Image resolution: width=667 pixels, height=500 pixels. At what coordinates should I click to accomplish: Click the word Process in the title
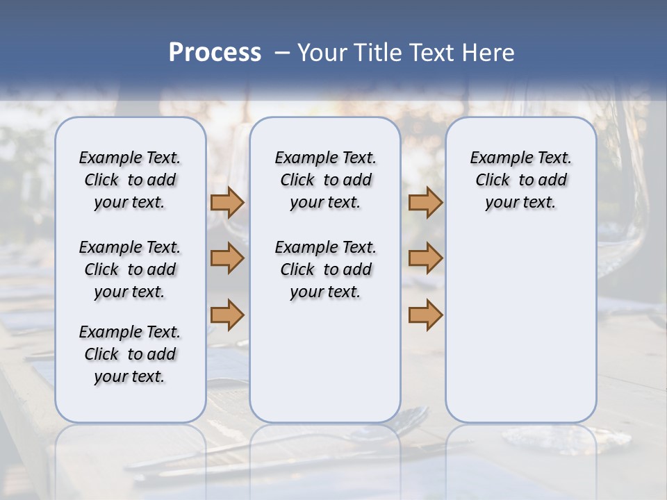[x=215, y=53]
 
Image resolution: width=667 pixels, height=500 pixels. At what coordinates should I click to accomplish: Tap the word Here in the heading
[x=489, y=53]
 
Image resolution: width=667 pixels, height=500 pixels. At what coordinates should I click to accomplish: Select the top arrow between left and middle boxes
[x=227, y=202]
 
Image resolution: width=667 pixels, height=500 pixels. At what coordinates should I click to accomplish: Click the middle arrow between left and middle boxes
[x=227, y=258]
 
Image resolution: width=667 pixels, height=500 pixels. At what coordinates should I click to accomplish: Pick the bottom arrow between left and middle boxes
[x=227, y=315]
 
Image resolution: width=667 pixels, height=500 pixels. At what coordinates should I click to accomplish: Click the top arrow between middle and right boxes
[x=425, y=202]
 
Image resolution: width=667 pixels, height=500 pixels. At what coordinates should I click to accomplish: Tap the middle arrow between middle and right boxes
[x=425, y=258]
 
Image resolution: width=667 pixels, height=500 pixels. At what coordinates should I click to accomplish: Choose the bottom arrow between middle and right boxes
[x=425, y=315]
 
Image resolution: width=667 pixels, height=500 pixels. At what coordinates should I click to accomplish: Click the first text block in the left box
[x=130, y=180]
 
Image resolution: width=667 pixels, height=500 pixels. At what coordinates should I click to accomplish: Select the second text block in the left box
[x=130, y=269]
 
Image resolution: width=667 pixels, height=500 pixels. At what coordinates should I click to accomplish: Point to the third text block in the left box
[x=130, y=354]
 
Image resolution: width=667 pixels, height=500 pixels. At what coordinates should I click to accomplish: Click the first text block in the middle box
[x=325, y=180]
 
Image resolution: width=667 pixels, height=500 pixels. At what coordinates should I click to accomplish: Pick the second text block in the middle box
[x=325, y=269]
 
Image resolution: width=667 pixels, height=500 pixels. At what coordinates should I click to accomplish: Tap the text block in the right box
[x=520, y=180]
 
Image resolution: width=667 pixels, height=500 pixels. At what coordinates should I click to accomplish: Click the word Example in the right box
[x=495, y=158]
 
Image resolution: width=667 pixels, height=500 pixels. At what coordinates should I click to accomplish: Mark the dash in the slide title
[x=282, y=53]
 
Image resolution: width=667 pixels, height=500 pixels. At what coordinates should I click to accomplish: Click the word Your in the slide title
[x=321, y=53]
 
